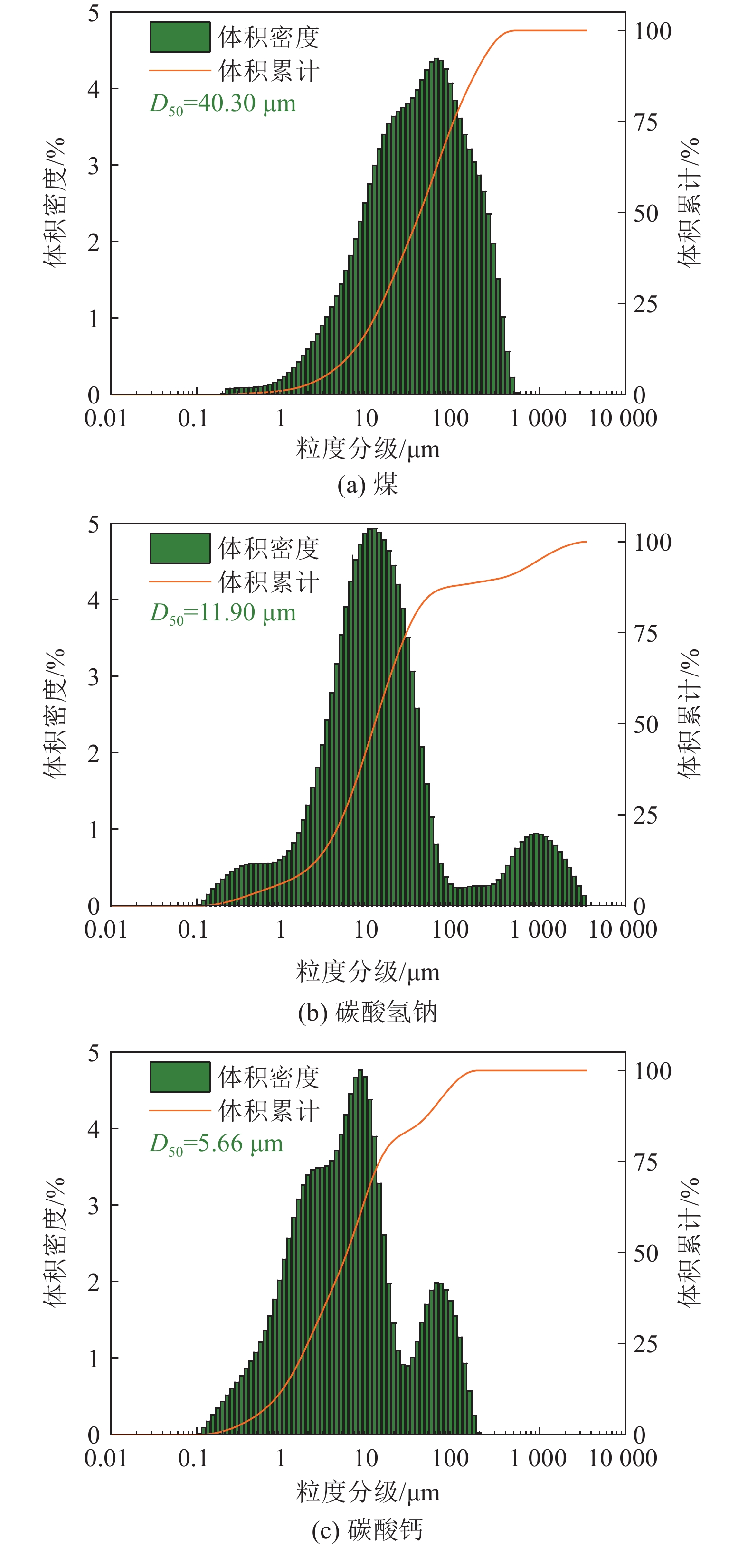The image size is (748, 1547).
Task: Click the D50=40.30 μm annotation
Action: [223, 104]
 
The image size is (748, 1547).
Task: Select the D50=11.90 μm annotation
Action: [223, 613]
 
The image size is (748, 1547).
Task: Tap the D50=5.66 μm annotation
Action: [216, 1144]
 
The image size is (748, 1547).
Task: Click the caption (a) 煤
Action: [368, 484]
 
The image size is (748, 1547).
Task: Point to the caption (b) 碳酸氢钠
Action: [368, 1013]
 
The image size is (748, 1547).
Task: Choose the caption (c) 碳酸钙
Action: [368, 1529]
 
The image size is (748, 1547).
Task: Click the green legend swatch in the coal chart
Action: [180, 37]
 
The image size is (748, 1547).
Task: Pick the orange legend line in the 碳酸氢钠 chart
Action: [180, 581]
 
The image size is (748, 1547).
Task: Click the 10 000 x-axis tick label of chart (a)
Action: [623, 419]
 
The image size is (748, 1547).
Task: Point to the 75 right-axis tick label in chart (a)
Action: [645, 122]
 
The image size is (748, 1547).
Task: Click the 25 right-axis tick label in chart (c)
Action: [645, 1344]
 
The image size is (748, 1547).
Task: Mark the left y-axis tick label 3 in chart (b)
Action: [93, 677]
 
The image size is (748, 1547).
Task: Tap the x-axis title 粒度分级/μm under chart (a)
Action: [368, 449]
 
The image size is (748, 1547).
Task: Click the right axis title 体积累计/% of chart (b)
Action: [689, 713]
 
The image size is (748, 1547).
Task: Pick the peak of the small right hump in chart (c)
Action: [438, 1284]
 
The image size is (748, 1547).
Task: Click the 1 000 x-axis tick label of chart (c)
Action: [538, 1458]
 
